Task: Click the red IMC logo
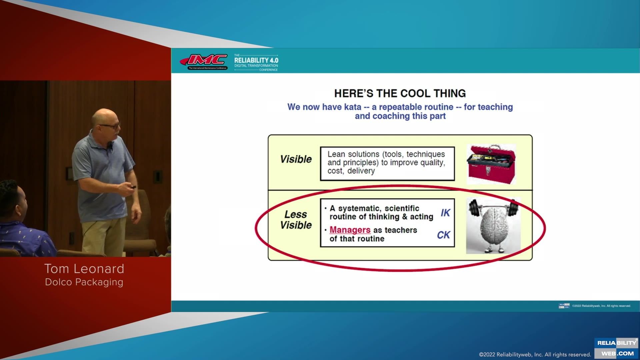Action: point(204,61)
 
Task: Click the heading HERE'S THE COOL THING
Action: point(400,93)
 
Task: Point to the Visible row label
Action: point(296,159)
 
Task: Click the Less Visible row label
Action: point(296,220)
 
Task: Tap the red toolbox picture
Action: point(491,164)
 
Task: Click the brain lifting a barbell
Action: point(493,225)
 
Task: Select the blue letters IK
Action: point(445,213)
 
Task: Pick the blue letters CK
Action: point(443,235)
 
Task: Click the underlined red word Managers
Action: point(350,230)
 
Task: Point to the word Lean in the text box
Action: point(336,154)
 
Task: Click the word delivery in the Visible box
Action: point(361,171)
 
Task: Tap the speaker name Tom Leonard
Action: point(84,269)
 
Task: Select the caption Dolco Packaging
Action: point(84,282)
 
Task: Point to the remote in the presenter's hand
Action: point(133,187)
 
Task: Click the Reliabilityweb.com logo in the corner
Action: point(617,348)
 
